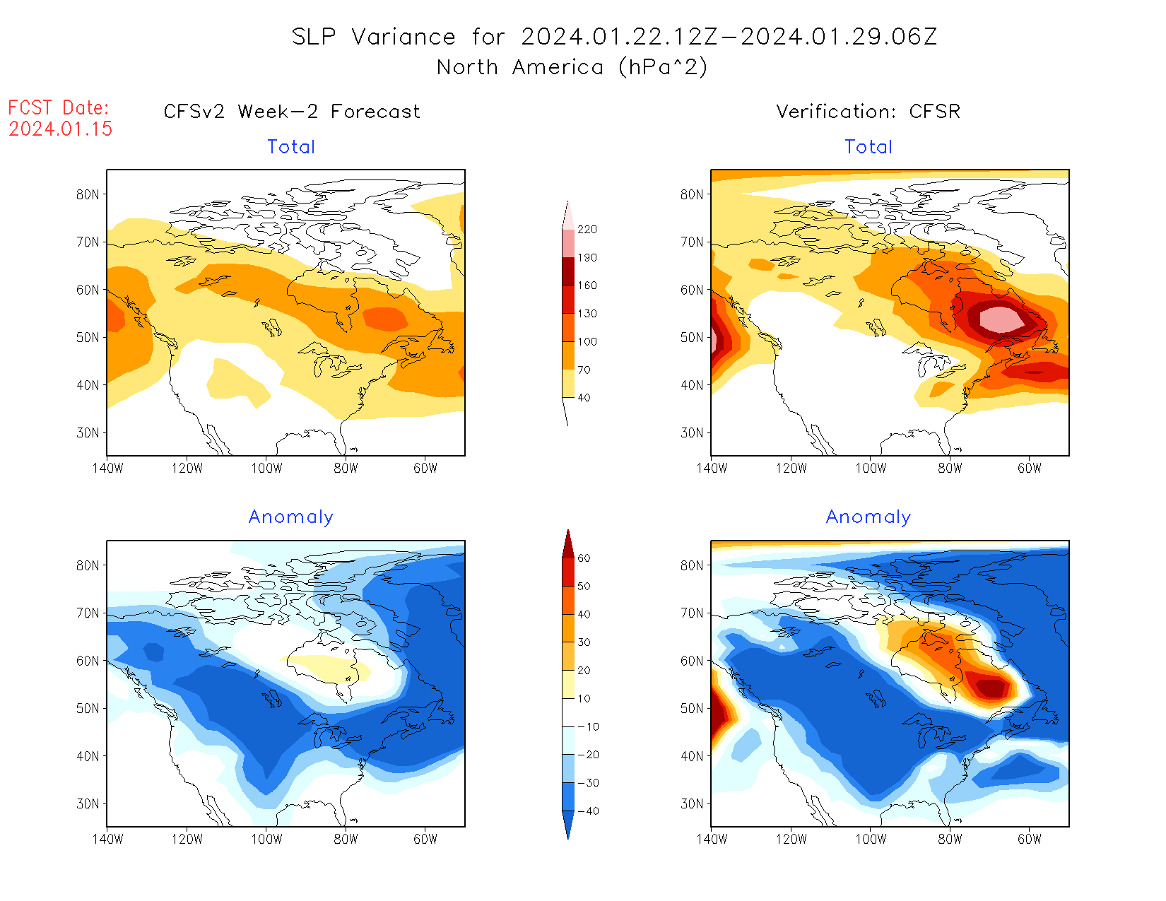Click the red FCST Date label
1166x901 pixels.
[x=59, y=108]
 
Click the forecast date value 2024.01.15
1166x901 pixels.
[x=61, y=129]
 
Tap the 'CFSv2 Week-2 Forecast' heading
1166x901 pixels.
[x=292, y=112]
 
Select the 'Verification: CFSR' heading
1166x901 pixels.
[x=868, y=112]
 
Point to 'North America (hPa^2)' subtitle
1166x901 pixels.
[x=572, y=67]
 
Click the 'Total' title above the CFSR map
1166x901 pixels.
[x=868, y=147]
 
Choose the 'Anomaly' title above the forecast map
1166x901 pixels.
[x=290, y=517]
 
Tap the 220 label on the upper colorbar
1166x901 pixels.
[x=587, y=230]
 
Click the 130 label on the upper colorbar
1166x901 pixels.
[x=587, y=314]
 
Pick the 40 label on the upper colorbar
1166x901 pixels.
[x=584, y=398]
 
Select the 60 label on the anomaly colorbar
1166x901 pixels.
[x=584, y=558]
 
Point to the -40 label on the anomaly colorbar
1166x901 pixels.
[x=588, y=811]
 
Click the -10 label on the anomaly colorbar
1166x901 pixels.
[x=588, y=727]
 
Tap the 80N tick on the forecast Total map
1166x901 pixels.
[x=88, y=195]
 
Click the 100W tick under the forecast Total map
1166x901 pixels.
[x=266, y=468]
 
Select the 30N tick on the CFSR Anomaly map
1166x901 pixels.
[x=692, y=804]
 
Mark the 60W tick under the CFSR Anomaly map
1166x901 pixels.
[x=1030, y=840]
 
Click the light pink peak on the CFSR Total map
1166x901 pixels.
[x=1002, y=319]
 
